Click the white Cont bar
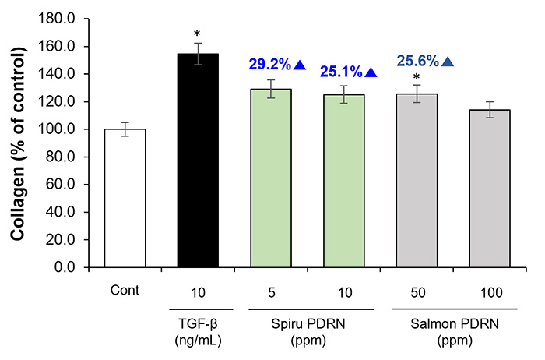tap(125, 198)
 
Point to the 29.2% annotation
tap(272, 65)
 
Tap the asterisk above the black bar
tap(198, 34)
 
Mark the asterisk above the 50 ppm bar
tap(417, 77)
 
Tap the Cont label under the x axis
tap(125, 291)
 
